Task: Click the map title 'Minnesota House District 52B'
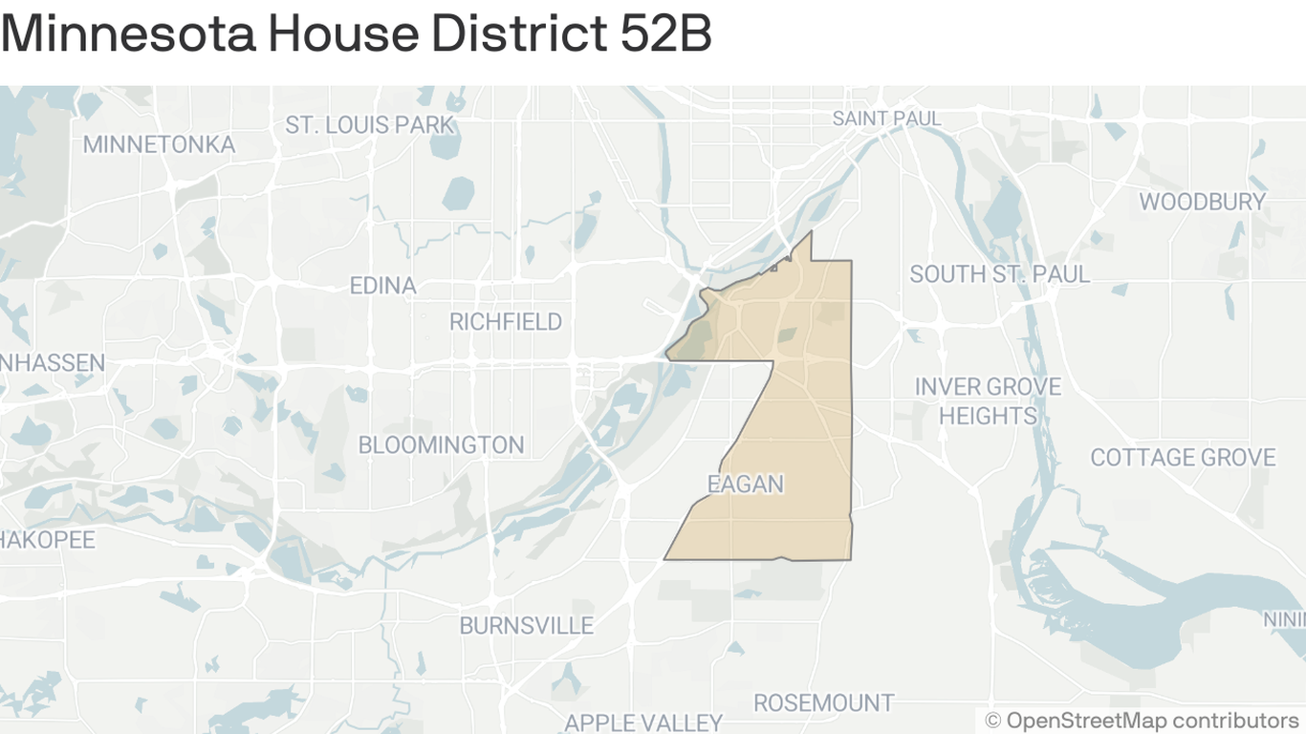coord(356,34)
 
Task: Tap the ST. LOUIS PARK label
coord(370,125)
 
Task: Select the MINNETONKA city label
coord(159,144)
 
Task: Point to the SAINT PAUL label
coord(886,119)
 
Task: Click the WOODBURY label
coord(1202,202)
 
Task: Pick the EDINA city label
coord(382,286)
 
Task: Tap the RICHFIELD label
coord(506,322)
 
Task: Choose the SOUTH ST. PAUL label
coord(999,274)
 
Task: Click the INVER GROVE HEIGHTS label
coord(988,401)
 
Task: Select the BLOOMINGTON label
coord(441,444)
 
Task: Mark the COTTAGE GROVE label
coord(1183,458)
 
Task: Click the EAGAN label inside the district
coord(745,485)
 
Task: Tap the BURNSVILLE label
coord(527,626)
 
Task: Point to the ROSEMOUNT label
coord(823,703)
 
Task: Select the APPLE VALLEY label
coord(643,722)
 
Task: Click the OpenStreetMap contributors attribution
coord(1142,720)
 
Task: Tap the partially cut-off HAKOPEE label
coord(48,540)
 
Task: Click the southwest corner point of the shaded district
coord(665,558)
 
